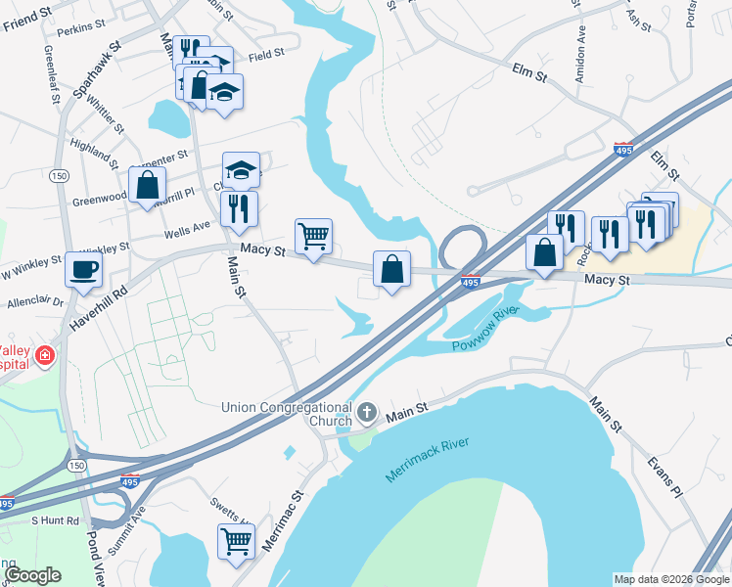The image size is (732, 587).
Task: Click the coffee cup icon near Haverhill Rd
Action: tap(83, 268)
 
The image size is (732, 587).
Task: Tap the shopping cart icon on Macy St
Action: tap(313, 236)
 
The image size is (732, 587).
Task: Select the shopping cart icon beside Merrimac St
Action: tap(236, 540)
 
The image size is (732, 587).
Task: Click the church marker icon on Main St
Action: tap(367, 413)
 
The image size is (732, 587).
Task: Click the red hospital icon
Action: tap(44, 355)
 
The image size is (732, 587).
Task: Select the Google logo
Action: tap(32, 574)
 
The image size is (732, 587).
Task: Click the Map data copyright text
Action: tap(671, 579)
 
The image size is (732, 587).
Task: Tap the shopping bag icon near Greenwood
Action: tap(147, 184)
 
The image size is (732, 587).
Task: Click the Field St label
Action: tap(266, 56)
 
